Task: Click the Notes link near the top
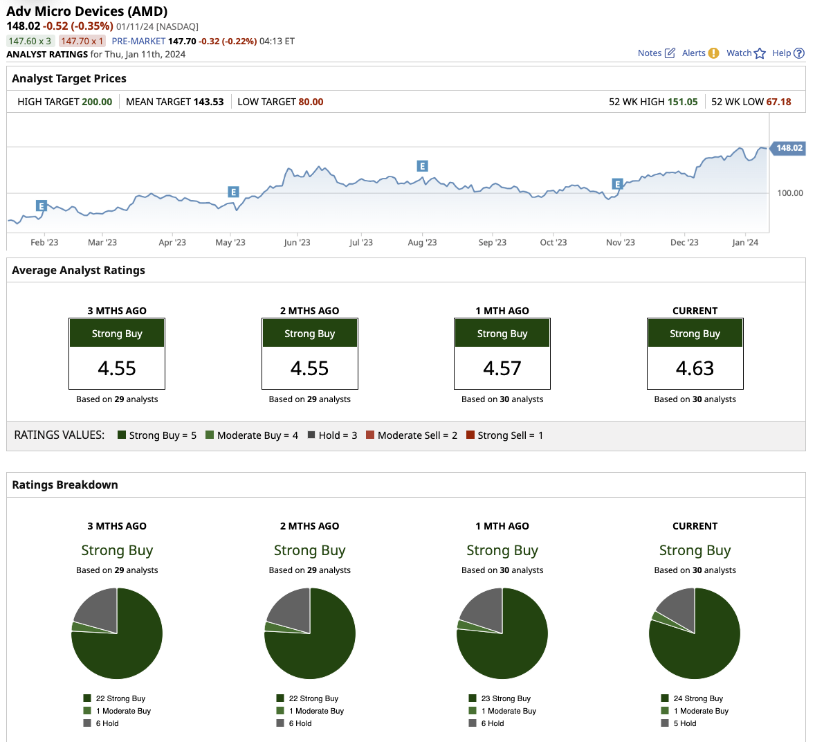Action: pyautogui.click(x=650, y=53)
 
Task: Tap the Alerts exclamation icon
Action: pyautogui.click(x=713, y=53)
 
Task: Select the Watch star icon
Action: pyautogui.click(x=760, y=53)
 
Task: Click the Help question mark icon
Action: pyautogui.click(x=799, y=53)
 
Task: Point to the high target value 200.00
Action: pyautogui.click(x=97, y=102)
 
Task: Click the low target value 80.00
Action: pyautogui.click(x=311, y=102)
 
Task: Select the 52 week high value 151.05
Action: pyautogui.click(x=683, y=102)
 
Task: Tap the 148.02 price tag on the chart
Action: pyautogui.click(x=789, y=148)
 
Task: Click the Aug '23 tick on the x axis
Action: pyautogui.click(x=422, y=242)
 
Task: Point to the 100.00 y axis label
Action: pyautogui.click(x=790, y=193)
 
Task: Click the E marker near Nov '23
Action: pyautogui.click(x=618, y=184)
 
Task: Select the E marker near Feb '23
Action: pyautogui.click(x=42, y=206)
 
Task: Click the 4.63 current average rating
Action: pyautogui.click(x=695, y=368)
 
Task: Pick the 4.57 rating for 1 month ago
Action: pyautogui.click(x=502, y=368)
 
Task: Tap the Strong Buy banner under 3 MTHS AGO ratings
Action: pyautogui.click(x=117, y=334)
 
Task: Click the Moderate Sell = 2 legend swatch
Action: pyautogui.click(x=370, y=435)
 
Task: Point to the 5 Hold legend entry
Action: pyautogui.click(x=685, y=723)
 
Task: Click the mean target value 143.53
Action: pyautogui.click(x=208, y=102)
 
